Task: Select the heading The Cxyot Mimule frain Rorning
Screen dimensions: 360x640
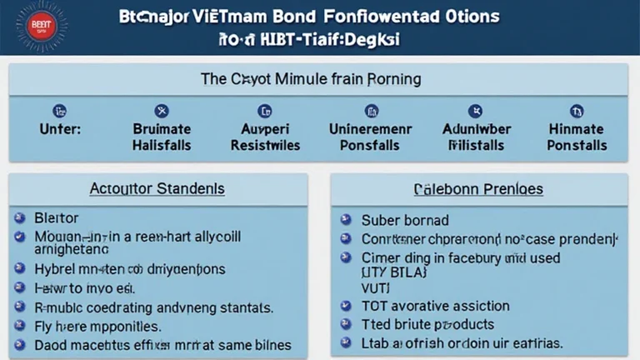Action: pos(311,80)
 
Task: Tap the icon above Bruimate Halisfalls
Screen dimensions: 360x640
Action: pos(162,111)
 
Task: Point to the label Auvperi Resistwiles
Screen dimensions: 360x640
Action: pos(265,137)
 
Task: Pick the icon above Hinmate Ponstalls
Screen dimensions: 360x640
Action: pos(576,111)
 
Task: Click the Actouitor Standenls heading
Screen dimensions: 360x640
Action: pos(157,189)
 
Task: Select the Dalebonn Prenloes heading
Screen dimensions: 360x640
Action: pos(478,189)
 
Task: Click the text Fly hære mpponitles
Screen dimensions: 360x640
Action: pos(98,326)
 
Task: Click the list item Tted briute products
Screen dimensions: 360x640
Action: pos(427,324)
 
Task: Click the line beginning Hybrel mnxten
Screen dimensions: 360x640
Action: pos(129,269)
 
